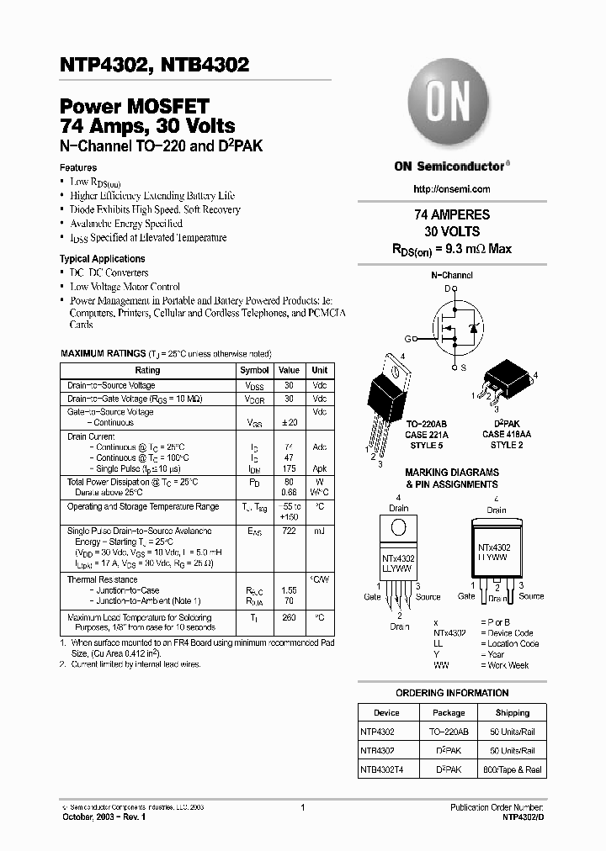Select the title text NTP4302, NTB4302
click(154, 65)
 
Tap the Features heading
click(77, 167)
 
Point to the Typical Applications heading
click(102, 259)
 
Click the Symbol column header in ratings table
click(254, 370)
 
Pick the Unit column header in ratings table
click(320, 370)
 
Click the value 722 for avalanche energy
click(289, 531)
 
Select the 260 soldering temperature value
click(289, 618)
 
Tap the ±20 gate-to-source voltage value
click(289, 423)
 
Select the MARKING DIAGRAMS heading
click(452, 473)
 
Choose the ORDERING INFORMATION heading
click(452, 693)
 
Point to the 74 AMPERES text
click(452, 214)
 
